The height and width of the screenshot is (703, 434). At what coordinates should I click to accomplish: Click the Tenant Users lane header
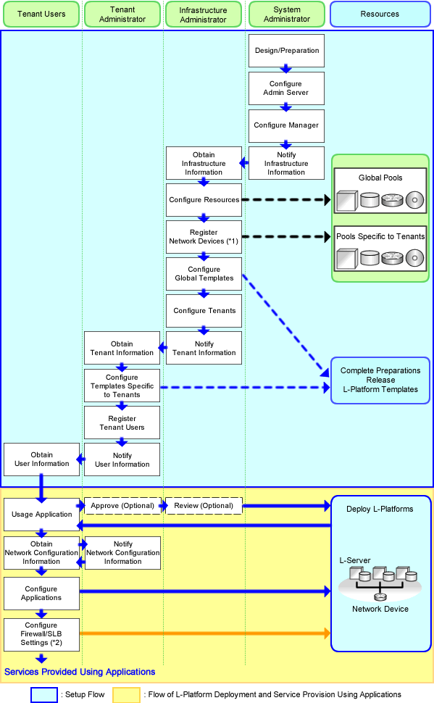(x=41, y=14)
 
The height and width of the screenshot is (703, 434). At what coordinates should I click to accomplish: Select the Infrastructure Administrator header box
(x=203, y=14)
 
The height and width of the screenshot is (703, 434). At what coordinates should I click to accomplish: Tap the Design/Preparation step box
(x=286, y=51)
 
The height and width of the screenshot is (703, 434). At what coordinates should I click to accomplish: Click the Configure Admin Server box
(x=286, y=88)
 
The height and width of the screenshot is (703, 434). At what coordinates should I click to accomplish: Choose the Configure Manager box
(x=286, y=125)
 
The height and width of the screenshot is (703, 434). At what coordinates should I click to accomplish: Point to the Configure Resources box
(x=204, y=200)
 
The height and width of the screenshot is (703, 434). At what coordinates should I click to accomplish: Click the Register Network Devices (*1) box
(x=204, y=237)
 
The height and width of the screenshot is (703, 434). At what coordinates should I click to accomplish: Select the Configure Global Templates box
(x=204, y=273)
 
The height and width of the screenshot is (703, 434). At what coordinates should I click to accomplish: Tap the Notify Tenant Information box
(x=204, y=348)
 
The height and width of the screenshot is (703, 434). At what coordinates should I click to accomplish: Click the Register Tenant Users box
(x=122, y=423)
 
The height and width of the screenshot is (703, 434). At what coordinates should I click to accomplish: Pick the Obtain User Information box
(x=42, y=459)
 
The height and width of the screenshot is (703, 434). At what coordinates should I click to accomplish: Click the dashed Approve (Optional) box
(x=122, y=506)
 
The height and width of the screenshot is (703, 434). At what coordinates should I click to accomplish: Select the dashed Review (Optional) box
(x=204, y=506)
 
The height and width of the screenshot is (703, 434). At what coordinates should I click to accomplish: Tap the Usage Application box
(x=42, y=515)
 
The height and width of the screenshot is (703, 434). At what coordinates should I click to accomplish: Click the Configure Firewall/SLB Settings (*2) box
(x=42, y=634)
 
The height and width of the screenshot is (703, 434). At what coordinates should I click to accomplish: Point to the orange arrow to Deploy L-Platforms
(x=205, y=633)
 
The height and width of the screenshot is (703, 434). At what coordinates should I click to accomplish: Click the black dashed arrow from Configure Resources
(x=286, y=200)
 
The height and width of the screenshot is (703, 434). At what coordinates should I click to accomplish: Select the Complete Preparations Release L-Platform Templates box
(x=380, y=380)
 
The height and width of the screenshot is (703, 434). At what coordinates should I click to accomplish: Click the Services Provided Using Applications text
(x=80, y=672)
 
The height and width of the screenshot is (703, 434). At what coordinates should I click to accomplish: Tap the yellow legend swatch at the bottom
(x=127, y=695)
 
